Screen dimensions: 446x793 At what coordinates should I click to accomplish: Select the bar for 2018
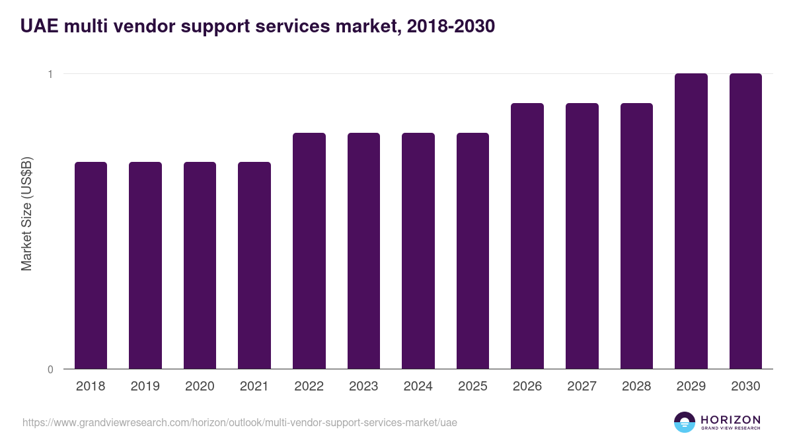coord(91,265)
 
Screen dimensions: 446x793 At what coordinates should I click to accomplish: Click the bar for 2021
coord(254,265)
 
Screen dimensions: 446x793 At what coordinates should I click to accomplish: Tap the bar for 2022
coord(309,250)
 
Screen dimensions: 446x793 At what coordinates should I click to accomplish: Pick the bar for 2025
coord(472,250)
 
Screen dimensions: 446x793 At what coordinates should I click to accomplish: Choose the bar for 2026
coord(527,236)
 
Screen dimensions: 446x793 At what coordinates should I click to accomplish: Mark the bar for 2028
coord(636,236)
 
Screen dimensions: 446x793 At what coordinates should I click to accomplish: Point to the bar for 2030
coord(745,221)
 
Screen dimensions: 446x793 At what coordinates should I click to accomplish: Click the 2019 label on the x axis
coord(145,387)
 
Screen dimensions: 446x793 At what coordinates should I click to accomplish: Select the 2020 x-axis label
coord(200,387)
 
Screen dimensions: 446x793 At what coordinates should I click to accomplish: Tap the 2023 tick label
coord(363,387)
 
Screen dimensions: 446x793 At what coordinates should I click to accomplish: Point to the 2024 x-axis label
coord(418,387)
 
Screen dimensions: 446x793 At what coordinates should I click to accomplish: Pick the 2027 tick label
coord(582,387)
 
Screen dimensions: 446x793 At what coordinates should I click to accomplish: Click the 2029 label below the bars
coord(691,387)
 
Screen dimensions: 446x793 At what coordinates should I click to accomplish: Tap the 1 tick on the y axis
coord(50,74)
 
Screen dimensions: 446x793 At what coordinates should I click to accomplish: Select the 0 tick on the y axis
coord(50,369)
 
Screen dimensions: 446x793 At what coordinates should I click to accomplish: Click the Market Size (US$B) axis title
coord(26,214)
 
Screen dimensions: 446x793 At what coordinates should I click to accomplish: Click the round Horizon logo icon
coord(685,423)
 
